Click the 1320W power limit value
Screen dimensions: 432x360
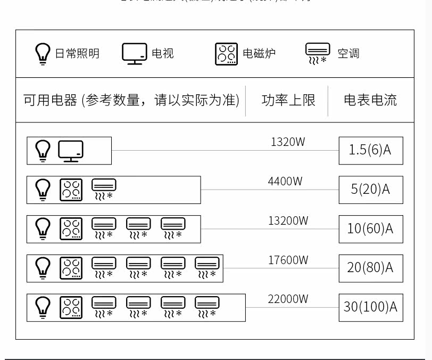click(x=288, y=142)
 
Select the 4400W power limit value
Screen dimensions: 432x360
click(x=285, y=182)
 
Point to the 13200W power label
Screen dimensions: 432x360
click(x=288, y=221)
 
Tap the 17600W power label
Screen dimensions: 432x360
click(x=288, y=260)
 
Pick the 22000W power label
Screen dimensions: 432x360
click(x=288, y=299)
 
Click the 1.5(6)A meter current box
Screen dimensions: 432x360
click(x=370, y=150)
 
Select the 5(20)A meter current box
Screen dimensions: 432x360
click(x=370, y=190)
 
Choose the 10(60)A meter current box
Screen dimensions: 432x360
click(x=370, y=229)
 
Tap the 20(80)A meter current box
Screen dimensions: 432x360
click(x=370, y=268)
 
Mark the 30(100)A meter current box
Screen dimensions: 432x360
click(x=370, y=307)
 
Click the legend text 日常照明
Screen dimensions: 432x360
click(x=77, y=54)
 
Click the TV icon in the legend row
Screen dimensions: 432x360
click(x=134, y=54)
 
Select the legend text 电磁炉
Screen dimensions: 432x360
click(x=259, y=54)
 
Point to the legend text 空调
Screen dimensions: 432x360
click(x=348, y=54)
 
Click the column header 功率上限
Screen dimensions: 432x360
click(x=288, y=100)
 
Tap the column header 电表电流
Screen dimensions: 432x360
click(x=370, y=100)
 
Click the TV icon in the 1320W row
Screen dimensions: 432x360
click(x=71, y=151)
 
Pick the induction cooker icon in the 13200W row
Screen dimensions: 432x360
click(x=71, y=229)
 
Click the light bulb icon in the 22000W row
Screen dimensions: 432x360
click(x=43, y=308)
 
